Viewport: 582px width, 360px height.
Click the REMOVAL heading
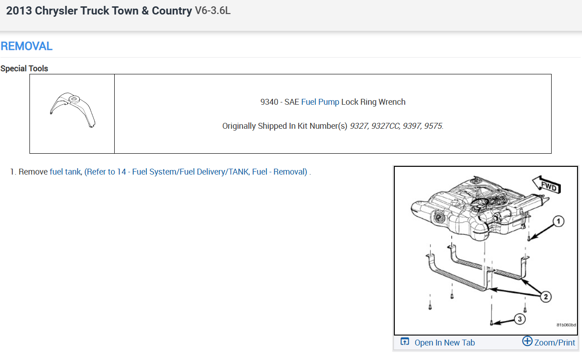[x=27, y=46]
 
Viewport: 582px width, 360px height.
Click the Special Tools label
[x=24, y=68]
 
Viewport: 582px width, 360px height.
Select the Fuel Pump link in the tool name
[x=320, y=102]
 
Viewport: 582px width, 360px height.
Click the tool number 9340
[x=269, y=102]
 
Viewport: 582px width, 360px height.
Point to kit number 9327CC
[x=386, y=126]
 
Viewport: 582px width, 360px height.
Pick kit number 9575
[x=433, y=126]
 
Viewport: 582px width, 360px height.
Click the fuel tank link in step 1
[x=65, y=172]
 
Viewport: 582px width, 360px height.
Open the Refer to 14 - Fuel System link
[x=196, y=172]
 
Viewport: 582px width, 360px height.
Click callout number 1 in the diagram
[x=558, y=221]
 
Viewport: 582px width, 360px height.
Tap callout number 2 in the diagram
[x=545, y=297]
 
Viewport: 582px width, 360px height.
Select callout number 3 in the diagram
[x=519, y=319]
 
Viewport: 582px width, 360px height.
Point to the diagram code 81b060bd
[x=566, y=325]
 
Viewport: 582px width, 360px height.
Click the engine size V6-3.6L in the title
[x=213, y=10]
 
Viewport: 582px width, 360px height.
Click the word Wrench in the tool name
[x=393, y=102]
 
